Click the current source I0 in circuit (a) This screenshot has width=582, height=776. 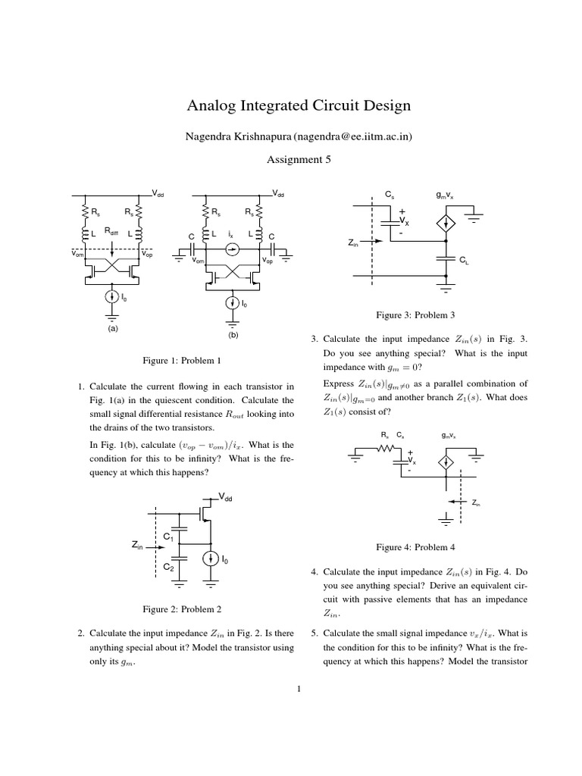coord(113,298)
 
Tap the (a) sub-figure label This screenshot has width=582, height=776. coord(113,329)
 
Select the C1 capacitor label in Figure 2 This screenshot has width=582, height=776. coord(168,537)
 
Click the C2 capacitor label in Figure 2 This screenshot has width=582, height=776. coord(168,566)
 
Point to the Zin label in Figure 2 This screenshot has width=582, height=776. coord(138,544)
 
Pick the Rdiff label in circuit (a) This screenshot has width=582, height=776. coord(111,230)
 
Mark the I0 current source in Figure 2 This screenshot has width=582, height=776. coord(210,559)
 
